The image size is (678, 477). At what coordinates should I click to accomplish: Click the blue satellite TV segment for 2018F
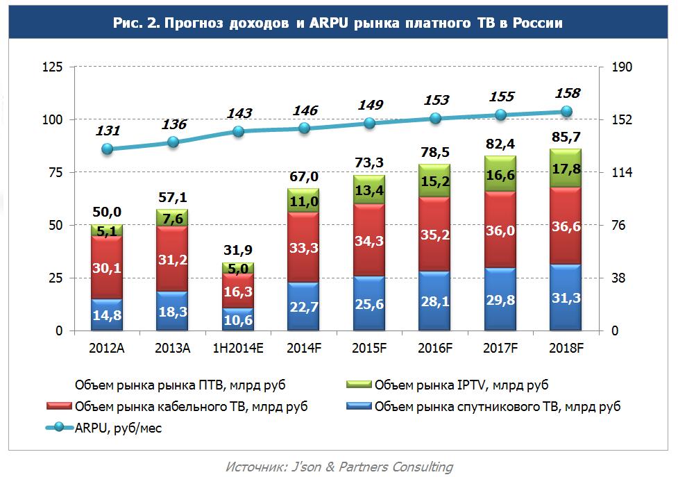point(565,297)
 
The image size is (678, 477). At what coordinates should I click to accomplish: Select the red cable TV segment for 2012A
point(106,267)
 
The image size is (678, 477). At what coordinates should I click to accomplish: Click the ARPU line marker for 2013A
point(173,142)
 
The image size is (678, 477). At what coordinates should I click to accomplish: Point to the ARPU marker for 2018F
point(566,112)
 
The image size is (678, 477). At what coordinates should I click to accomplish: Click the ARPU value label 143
point(239,113)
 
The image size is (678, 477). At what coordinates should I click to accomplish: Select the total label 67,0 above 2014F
point(304,176)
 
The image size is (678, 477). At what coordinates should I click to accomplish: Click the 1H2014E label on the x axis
point(237,347)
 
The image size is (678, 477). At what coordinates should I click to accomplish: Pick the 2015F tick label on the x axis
point(369,347)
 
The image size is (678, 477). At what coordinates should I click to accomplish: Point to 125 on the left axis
point(53,67)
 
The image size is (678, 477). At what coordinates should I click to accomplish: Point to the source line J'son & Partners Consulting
point(339,467)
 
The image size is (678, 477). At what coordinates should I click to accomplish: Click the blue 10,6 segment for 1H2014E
point(238,319)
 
